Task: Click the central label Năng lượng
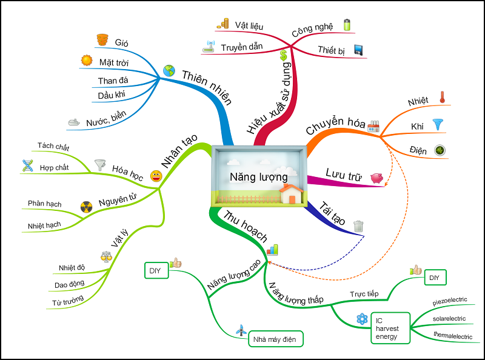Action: (x=254, y=176)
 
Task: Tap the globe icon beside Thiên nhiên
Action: (x=169, y=71)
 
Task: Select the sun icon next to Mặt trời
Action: (x=87, y=61)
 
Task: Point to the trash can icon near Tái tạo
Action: (x=359, y=226)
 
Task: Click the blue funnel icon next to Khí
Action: (x=437, y=124)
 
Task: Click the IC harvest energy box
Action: (x=390, y=328)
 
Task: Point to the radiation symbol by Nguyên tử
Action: (x=85, y=207)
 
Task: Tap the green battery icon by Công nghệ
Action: (x=347, y=25)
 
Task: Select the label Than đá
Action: (x=113, y=81)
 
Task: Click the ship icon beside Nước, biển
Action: (x=74, y=122)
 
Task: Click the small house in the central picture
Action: (x=292, y=193)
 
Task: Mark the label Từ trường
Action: (x=67, y=301)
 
